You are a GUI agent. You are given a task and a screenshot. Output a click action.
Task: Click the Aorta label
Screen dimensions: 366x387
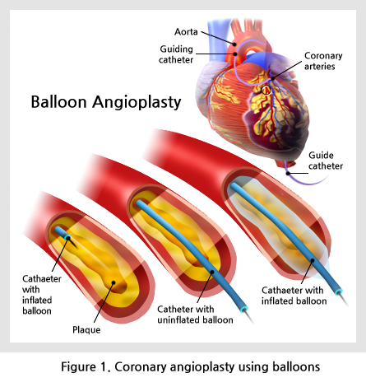[x=186, y=32]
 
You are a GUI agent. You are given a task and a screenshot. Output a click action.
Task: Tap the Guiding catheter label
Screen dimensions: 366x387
[x=176, y=54]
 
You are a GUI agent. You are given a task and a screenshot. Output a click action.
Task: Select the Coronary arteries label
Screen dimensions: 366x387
[x=323, y=61]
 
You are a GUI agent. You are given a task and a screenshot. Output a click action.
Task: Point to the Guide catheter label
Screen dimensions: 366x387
[x=326, y=161]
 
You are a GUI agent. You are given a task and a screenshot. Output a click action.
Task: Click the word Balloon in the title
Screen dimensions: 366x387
[x=58, y=102]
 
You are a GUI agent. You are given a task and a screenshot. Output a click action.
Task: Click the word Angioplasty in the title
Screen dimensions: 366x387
[x=137, y=103]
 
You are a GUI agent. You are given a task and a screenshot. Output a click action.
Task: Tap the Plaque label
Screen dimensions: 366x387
[x=86, y=329]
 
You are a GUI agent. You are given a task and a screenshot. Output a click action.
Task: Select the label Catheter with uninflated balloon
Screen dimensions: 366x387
[x=195, y=315]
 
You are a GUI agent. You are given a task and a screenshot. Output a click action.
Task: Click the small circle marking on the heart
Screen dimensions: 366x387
[x=266, y=90]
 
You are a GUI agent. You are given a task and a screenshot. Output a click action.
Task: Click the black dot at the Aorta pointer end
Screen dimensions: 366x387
[x=234, y=44]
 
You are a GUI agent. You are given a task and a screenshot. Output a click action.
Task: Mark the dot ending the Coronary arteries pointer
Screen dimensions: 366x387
[x=273, y=79]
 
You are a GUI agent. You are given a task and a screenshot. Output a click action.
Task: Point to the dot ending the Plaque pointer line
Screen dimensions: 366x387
[x=114, y=282]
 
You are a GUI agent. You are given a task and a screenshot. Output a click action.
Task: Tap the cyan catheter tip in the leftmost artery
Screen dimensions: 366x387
[x=67, y=237]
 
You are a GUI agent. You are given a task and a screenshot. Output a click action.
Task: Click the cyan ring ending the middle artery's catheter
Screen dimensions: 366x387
[x=243, y=309]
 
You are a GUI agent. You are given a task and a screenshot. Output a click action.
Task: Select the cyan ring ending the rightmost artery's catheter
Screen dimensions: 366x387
[x=339, y=291]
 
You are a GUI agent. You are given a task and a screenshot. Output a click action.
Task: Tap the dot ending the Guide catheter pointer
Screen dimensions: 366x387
[x=288, y=173]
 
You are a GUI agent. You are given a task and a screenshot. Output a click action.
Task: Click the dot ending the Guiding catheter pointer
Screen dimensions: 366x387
[x=235, y=54]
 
